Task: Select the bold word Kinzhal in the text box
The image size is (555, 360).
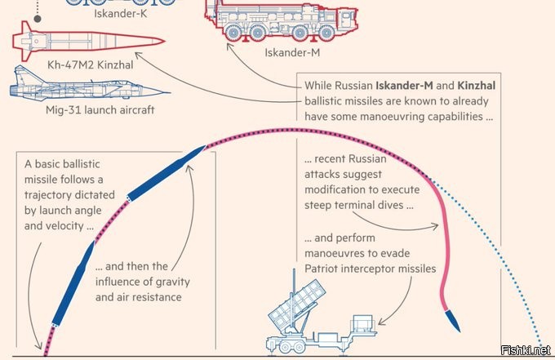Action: (476, 85)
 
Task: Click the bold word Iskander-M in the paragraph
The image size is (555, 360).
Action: (404, 85)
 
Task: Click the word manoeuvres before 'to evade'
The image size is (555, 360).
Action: (340, 252)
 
